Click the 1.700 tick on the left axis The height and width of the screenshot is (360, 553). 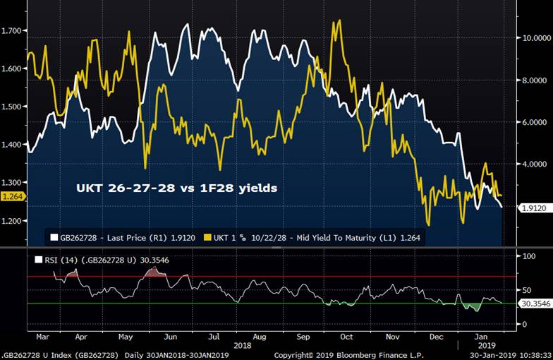pos(11,30)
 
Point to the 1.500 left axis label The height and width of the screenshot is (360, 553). pos(11,107)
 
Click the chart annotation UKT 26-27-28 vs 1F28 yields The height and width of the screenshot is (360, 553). pos(176,188)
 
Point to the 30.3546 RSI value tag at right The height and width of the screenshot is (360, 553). pos(535,304)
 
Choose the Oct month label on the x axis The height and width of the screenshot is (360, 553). pos(346,337)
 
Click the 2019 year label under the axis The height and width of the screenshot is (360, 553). pos(485,346)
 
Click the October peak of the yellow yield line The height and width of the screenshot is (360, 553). pos(339,21)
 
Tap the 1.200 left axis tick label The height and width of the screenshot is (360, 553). pos(11,221)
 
